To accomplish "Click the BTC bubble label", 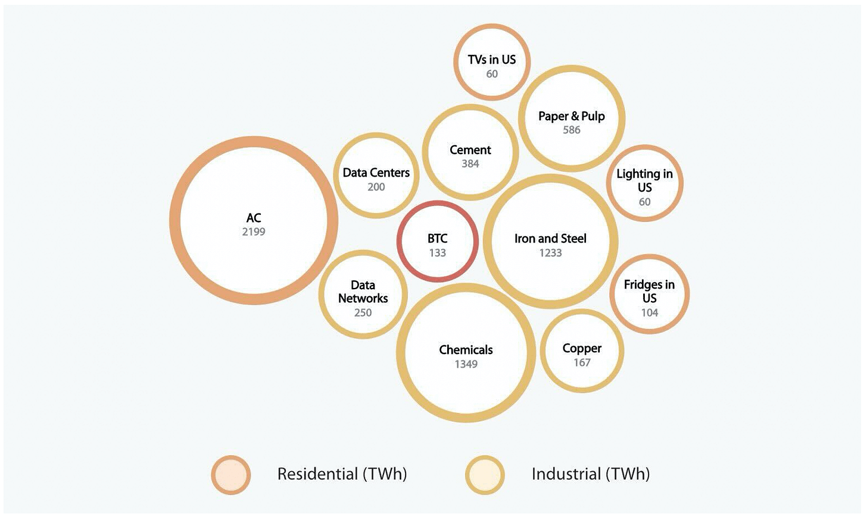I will click(x=437, y=239).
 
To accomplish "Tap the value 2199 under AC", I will click(x=254, y=232).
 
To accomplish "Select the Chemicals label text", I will click(x=466, y=350).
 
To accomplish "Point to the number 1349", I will click(x=466, y=364).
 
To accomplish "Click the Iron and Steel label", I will click(x=550, y=239).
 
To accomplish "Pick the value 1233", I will click(x=550, y=253).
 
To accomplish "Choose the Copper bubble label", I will click(x=582, y=348).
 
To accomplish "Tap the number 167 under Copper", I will click(x=582, y=362).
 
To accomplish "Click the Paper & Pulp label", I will click(x=571, y=116).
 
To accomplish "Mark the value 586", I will click(x=571, y=130).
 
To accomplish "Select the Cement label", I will click(x=470, y=150).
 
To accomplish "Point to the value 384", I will click(x=470, y=164).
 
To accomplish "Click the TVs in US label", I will click(x=491, y=59).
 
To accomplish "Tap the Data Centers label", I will click(x=376, y=173).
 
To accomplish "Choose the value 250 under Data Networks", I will click(x=363, y=312).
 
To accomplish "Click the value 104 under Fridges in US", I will click(x=649, y=312).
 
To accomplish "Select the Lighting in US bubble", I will click(x=644, y=183).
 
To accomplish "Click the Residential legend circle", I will click(x=231, y=475).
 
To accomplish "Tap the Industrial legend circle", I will click(x=485, y=475).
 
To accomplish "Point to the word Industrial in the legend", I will click(x=566, y=474).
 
